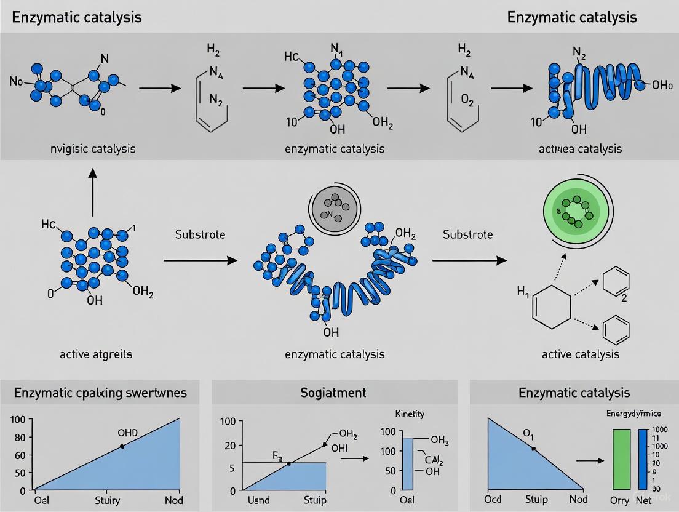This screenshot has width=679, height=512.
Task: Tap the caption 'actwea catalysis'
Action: (581, 148)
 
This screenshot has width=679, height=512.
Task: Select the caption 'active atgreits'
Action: (95, 354)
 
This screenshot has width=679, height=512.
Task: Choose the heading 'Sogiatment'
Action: (334, 392)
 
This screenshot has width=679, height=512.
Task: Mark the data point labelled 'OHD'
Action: (122, 446)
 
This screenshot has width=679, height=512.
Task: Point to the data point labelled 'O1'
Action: (533, 449)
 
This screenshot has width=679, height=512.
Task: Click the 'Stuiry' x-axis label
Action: (107, 499)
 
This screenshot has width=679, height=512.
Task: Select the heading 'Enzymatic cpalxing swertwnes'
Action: (100, 392)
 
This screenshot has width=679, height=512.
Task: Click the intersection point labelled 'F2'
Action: (288, 463)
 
